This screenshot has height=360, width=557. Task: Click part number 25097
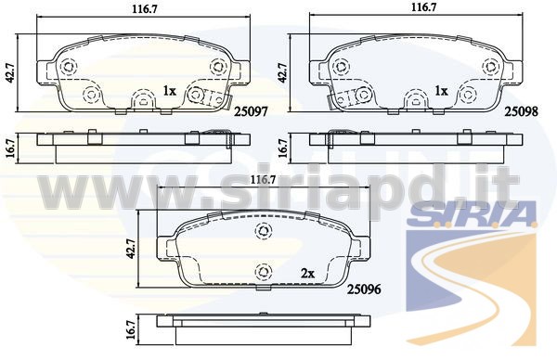tap(251, 112)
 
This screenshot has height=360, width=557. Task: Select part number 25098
tap(522, 112)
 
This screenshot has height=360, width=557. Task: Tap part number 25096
tap(364, 289)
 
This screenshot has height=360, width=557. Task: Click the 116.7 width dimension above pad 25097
tap(145, 9)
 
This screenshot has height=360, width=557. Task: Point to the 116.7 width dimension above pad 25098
tap(423, 7)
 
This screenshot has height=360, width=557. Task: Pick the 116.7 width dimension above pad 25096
tap(263, 180)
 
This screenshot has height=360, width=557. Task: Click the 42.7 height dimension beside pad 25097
tap(10, 73)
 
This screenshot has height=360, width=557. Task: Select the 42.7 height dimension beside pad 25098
tap(283, 73)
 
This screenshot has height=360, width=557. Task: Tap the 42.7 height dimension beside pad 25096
tap(131, 249)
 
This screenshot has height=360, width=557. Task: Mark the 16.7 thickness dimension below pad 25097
tap(10, 148)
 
